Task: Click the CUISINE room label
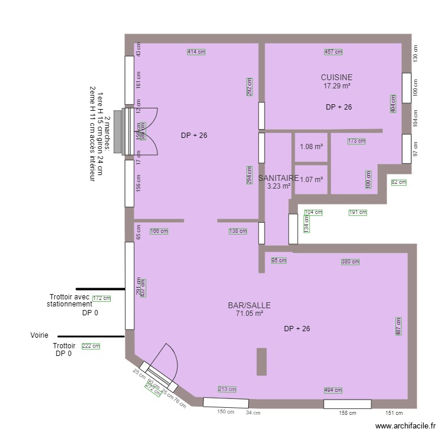337,77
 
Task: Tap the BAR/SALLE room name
249,305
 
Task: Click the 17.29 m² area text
337,86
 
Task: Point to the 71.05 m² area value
249,314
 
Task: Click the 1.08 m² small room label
311,147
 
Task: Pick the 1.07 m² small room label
311,180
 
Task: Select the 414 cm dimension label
196,52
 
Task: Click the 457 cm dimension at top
333,52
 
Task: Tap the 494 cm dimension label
333,390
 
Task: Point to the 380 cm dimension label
350,262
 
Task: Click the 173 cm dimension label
356,141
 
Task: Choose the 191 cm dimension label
358,212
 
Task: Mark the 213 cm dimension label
227,390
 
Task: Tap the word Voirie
39,335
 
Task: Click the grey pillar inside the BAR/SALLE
262,362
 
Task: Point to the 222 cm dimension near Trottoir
91,347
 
